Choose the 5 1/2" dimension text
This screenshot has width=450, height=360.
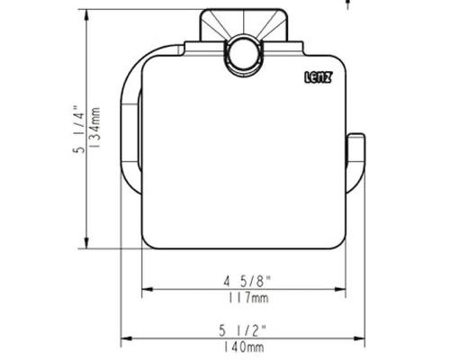pos(243,329)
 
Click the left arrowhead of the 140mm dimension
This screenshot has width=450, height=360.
pos(126,338)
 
